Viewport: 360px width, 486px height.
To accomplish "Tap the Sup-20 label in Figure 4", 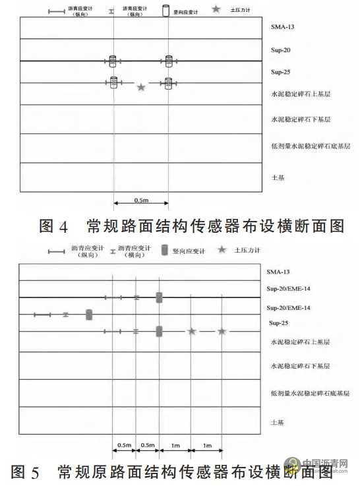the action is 280,50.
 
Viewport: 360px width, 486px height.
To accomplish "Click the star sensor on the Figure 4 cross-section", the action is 140,87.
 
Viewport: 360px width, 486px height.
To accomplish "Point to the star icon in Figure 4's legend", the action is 216,9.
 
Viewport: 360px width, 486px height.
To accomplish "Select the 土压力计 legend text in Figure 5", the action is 253,251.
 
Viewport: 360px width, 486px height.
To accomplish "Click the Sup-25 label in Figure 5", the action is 280,324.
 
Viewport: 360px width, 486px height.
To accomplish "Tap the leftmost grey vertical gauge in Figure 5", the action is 89,315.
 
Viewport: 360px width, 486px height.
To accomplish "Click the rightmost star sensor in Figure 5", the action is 222,331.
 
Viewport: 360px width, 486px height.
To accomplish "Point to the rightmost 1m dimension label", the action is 206,445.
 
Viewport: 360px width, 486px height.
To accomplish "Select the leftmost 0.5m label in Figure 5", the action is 124,445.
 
